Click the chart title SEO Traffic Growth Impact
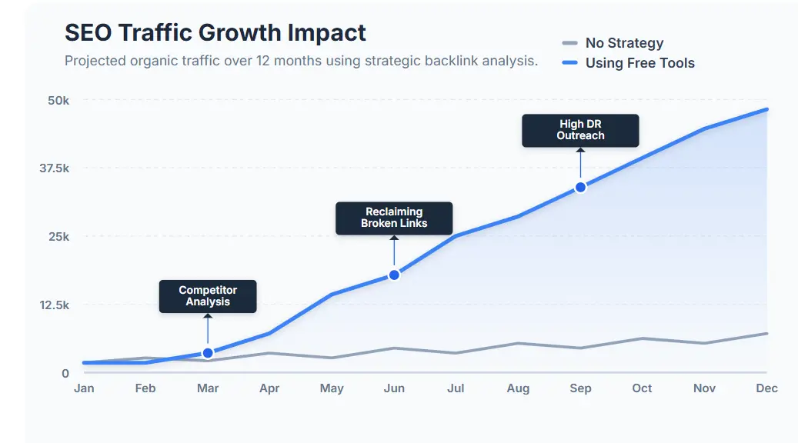click(215, 32)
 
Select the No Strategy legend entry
click(623, 43)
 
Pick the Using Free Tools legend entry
click(639, 63)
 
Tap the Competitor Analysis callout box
click(208, 296)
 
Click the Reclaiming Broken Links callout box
click(394, 218)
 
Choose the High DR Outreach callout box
click(580, 130)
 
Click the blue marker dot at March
click(208, 353)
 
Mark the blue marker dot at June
click(394, 275)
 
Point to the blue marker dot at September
click(580, 187)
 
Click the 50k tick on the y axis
click(58, 101)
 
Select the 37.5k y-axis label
click(54, 168)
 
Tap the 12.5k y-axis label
click(54, 305)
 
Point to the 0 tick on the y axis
click(65, 374)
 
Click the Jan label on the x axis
click(84, 388)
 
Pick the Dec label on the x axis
click(766, 388)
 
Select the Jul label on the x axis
click(456, 388)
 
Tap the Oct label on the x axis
click(642, 388)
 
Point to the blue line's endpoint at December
click(766, 109)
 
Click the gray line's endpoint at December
click(766, 333)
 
